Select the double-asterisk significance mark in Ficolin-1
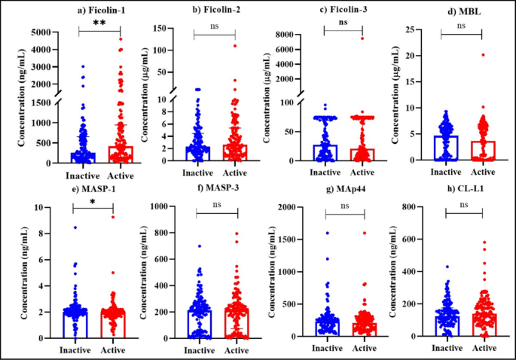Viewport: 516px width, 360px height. pyautogui.click(x=98, y=25)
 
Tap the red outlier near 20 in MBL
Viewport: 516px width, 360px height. pyautogui.click(x=483, y=54)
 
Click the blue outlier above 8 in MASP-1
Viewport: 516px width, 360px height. pyautogui.click(x=74, y=227)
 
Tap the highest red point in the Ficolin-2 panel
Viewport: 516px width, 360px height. pyautogui.click(x=234, y=45)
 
